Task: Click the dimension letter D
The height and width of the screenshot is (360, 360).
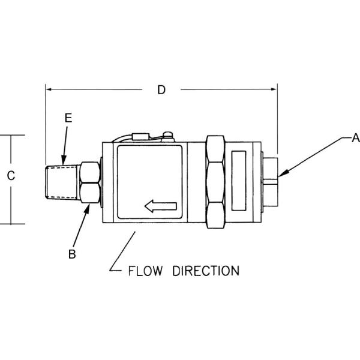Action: pyautogui.click(x=161, y=90)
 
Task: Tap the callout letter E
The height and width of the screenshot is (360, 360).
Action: pyautogui.click(x=68, y=118)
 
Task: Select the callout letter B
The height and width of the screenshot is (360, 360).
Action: pyautogui.click(x=72, y=254)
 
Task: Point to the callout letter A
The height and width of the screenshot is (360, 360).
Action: pyautogui.click(x=355, y=138)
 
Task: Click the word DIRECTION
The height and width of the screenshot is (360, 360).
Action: pyautogui.click(x=206, y=271)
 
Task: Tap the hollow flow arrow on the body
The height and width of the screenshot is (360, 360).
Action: pyautogui.click(x=161, y=207)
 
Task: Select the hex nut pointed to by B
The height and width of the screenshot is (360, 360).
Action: pyautogui.click(x=89, y=182)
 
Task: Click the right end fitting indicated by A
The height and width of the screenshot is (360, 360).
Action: pyautogui.click(x=271, y=178)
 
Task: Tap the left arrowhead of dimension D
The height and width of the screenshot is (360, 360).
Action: pyautogui.click(x=49, y=90)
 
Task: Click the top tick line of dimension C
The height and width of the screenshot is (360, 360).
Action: pyautogui.click(x=12, y=136)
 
